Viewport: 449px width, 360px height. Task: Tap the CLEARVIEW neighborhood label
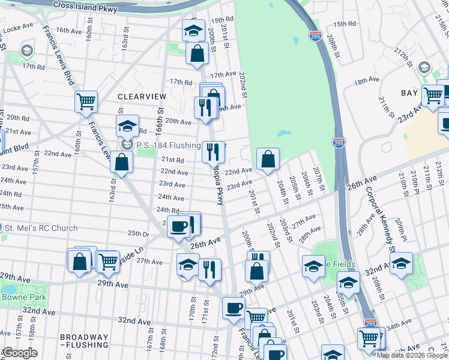140,96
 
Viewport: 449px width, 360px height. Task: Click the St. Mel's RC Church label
41,228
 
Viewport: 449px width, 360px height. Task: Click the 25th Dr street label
137,233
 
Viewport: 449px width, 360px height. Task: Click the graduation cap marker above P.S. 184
127,126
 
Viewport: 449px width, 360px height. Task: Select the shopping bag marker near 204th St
268,159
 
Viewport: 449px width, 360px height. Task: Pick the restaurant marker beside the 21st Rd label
213,151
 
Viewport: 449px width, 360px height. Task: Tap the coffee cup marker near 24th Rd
179,226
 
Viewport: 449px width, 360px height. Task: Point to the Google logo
20,353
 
